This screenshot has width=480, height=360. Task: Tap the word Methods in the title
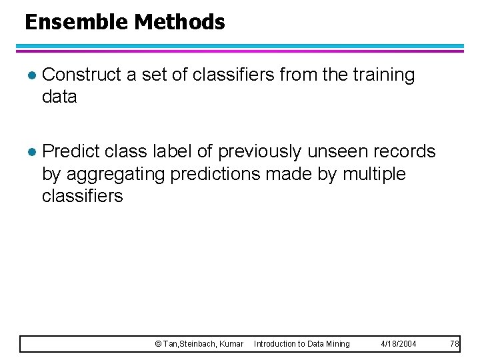179,23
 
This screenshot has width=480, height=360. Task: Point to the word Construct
81,75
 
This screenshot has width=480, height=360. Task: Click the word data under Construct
59,97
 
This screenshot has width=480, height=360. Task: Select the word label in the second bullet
175,152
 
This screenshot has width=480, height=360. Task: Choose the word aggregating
117,174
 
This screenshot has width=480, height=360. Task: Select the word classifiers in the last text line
82,196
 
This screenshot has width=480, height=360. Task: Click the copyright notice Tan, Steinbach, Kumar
199,344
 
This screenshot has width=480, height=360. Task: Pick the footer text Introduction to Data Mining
301,344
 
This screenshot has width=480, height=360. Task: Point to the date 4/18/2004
398,344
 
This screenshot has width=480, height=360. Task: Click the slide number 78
455,344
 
